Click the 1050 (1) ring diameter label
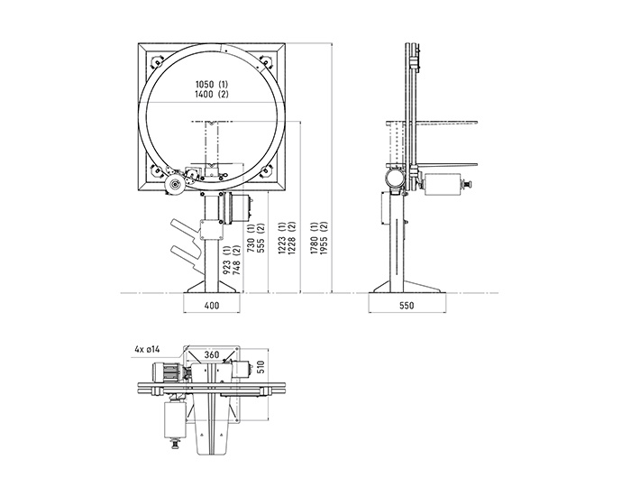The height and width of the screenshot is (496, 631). click(212, 85)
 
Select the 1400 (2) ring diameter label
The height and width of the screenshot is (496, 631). click(212, 94)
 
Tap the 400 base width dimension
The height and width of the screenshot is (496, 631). click(212, 306)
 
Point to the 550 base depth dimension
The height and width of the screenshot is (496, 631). click(407, 306)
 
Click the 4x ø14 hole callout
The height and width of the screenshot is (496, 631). click(148, 349)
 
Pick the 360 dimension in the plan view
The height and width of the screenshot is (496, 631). click(212, 354)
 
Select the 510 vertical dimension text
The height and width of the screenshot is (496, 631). click(260, 366)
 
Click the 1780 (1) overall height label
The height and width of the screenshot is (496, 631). click(315, 238)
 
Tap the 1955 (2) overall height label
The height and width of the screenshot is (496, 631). click(324, 238)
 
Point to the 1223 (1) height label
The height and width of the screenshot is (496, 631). click(282, 238)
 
